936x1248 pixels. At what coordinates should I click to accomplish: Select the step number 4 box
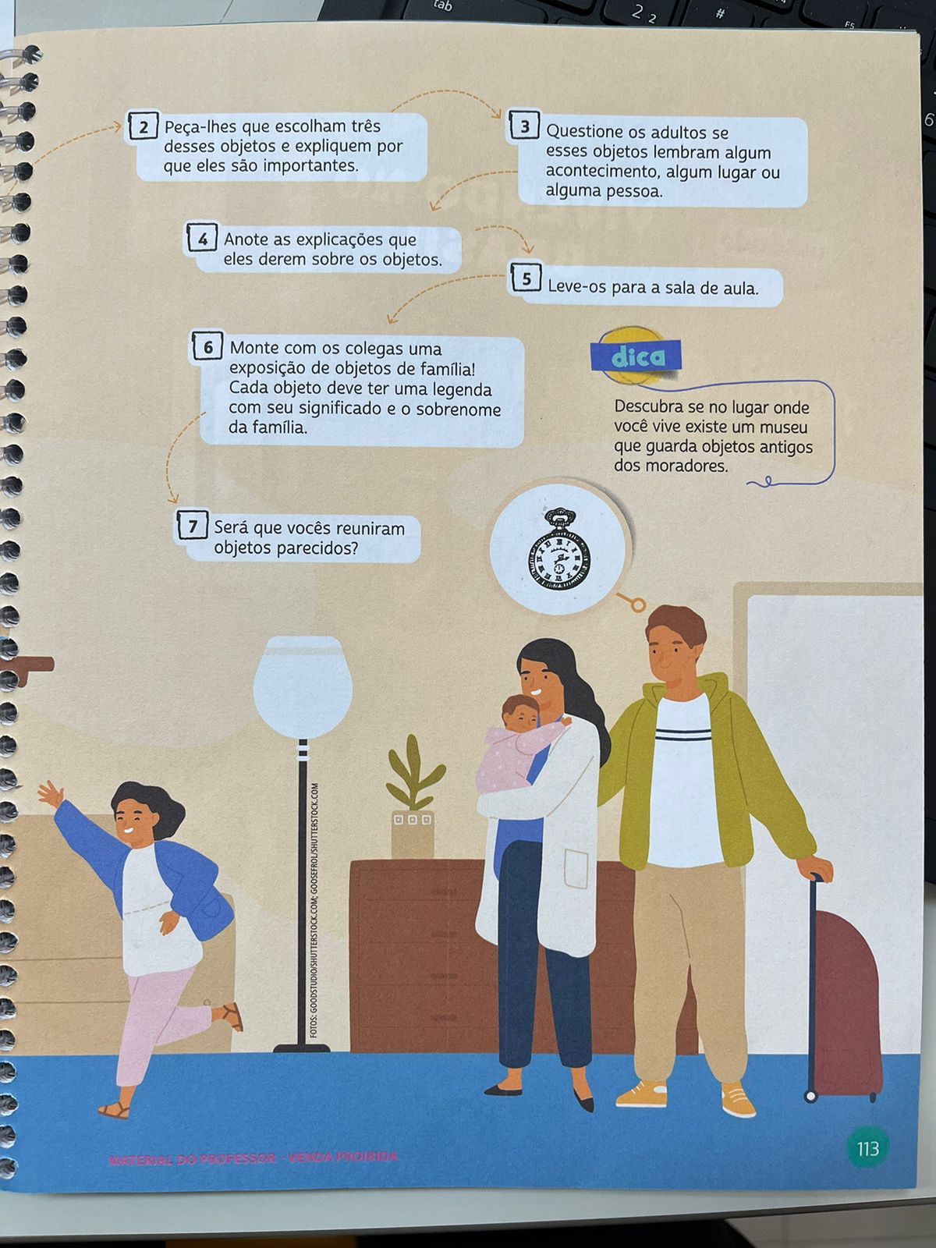202,238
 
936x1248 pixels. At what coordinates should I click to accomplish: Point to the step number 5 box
526,278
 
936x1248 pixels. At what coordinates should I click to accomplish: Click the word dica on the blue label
637,356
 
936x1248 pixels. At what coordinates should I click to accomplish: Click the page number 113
867,1148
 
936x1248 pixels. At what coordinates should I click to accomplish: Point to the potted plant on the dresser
413,796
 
